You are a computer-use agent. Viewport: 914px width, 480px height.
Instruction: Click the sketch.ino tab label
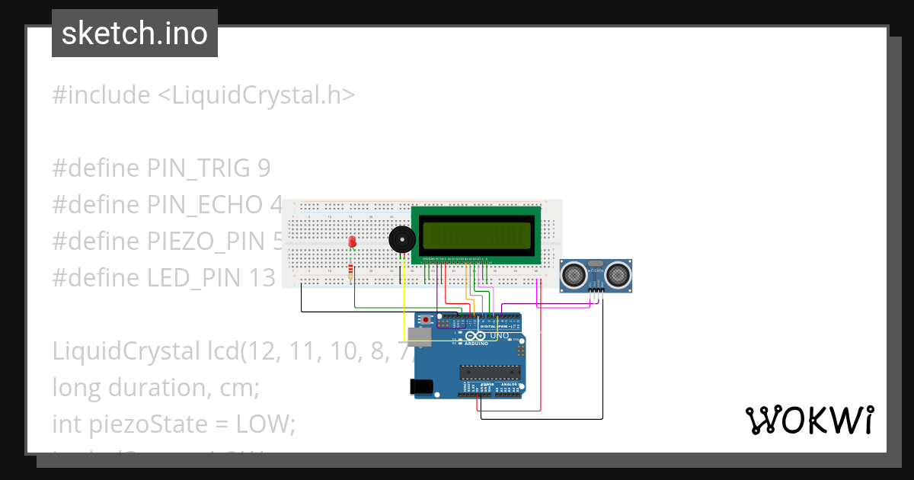point(135,34)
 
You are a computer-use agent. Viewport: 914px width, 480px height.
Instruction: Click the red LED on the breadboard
point(352,242)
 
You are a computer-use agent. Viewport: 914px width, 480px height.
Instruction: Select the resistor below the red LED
point(350,271)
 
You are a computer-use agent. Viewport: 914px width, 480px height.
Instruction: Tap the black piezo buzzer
point(402,240)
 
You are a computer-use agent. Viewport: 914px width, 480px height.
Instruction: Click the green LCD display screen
point(477,235)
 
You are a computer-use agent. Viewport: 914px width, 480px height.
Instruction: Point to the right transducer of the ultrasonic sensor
point(618,272)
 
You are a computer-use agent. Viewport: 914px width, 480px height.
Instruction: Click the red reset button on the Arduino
point(428,318)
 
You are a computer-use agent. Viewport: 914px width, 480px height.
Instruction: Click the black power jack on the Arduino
point(423,386)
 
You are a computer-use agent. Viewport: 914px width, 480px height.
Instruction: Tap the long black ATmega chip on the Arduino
point(490,372)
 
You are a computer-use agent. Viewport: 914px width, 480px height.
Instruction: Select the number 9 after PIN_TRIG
point(264,168)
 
